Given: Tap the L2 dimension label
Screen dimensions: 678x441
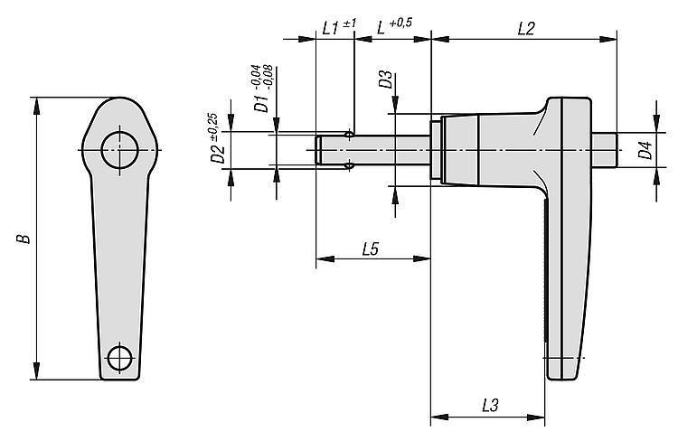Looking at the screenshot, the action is click(526, 29).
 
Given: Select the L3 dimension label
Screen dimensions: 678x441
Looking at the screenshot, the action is click(490, 406).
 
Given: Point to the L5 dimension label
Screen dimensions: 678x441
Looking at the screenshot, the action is click(371, 249).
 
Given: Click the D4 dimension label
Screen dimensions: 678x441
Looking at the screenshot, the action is click(645, 150).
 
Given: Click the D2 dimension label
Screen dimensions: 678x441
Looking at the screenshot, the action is click(218, 154).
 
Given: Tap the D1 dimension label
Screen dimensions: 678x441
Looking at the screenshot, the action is click(261, 102).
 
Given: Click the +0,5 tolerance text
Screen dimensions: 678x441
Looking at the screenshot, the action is click(400, 23).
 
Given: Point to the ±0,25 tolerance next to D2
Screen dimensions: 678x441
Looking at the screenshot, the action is click(212, 127).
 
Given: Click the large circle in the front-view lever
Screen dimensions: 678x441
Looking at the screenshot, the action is click(119, 150).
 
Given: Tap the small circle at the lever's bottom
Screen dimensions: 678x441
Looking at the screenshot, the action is click(119, 358).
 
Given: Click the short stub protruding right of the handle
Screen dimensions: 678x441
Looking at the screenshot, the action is click(605, 150).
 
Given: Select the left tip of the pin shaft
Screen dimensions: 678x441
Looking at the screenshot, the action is click(315, 150).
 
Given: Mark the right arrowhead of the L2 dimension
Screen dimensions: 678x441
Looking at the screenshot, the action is click(607, 40).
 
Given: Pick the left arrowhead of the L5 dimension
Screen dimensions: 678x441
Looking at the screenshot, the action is click(325, 259).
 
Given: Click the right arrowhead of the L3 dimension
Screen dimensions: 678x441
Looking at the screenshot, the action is click(536, 418).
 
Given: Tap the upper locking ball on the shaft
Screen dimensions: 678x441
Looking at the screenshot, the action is click(350, 136).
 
